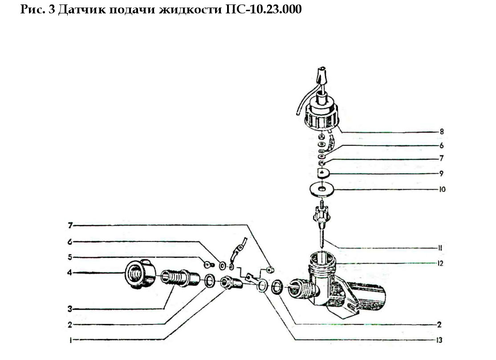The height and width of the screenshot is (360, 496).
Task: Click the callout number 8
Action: click(442, 131)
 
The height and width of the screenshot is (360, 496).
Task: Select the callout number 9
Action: click(441, 173)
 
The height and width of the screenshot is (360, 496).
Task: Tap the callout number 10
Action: click(442, 189)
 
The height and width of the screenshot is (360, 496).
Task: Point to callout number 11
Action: click(440, 248)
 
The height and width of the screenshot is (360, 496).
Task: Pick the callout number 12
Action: click(440, 263)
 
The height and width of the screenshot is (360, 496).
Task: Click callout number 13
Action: click(439, 340)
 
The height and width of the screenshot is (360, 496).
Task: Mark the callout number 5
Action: click(70, 257)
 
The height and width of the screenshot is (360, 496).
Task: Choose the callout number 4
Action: click(69, 273)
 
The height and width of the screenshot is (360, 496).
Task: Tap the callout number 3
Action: click(70, 309)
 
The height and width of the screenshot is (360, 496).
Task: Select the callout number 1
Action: click(70, 340)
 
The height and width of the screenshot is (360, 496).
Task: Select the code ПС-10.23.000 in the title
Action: click(264, 9)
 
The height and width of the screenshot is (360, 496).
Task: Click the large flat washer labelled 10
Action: click(322, 189)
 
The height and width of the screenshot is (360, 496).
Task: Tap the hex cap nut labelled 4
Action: click(140, 274)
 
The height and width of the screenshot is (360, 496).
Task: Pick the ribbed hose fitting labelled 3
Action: click(180, 278)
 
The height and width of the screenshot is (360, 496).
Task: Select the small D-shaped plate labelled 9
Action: click(323, 173)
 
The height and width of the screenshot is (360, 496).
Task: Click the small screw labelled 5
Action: click(208, 264)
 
